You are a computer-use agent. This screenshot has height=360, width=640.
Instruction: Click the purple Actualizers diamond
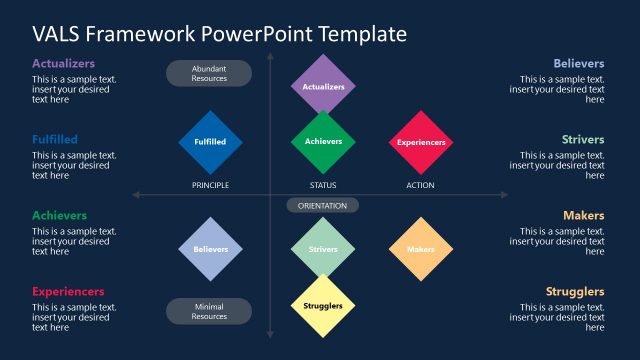point(323,86)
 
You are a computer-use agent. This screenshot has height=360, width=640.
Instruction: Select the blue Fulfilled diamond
point(210,142)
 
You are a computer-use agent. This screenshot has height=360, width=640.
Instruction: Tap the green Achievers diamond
point(323,141)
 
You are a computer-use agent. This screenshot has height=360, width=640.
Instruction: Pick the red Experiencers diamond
point(421,142)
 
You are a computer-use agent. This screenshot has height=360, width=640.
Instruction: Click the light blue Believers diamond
point(210,249)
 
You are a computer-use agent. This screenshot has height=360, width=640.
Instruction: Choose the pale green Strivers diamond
point(323,249)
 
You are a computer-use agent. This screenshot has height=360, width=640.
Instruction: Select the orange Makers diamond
point(421,249)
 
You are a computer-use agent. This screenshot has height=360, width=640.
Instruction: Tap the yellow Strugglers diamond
point(323,305)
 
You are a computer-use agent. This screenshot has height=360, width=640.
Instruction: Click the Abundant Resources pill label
point(209,73)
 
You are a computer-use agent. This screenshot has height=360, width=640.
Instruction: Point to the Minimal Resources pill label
point(209,311)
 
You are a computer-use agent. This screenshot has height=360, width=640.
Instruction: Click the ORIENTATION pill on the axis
point(323,206)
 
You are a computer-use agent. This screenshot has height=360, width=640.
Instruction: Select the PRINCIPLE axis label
point(210,185)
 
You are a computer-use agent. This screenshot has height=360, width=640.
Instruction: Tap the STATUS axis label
point(323,185)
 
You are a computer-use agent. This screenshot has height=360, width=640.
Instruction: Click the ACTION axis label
point(420,185)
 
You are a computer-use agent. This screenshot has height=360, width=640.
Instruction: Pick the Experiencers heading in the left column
point(68,291)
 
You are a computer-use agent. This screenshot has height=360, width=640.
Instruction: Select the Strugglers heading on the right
point(574,291)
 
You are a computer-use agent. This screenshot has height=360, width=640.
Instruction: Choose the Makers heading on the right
point(583,215)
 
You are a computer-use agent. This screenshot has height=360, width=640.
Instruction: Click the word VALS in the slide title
point(57,33)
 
